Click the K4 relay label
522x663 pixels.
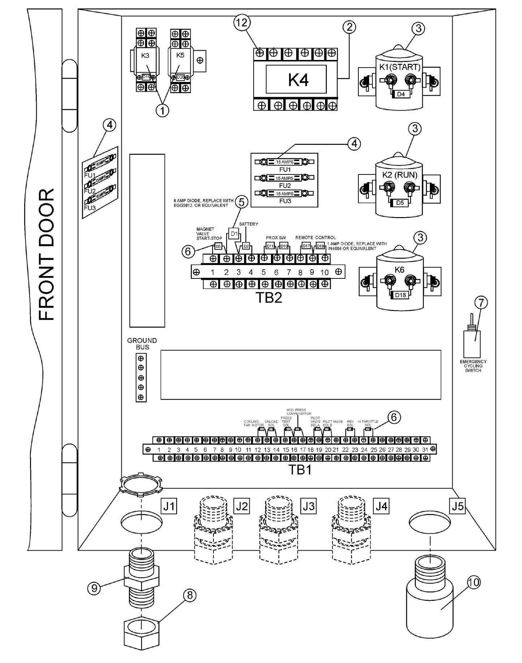(298, 80)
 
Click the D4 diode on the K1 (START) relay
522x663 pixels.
(401, 95)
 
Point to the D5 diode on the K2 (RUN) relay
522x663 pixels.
(400, 203)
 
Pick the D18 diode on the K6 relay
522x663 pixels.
(400, 295)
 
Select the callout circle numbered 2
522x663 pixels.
(349, 27)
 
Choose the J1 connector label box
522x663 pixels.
(169, 507)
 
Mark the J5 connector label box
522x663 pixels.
(457, 506)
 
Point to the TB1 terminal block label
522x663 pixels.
(299, 469)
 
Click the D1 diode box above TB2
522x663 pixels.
(234, 234)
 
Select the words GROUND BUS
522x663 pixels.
(142, 343)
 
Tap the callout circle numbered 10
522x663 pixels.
(474, 582)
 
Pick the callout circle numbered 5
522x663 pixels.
(242, 202)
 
